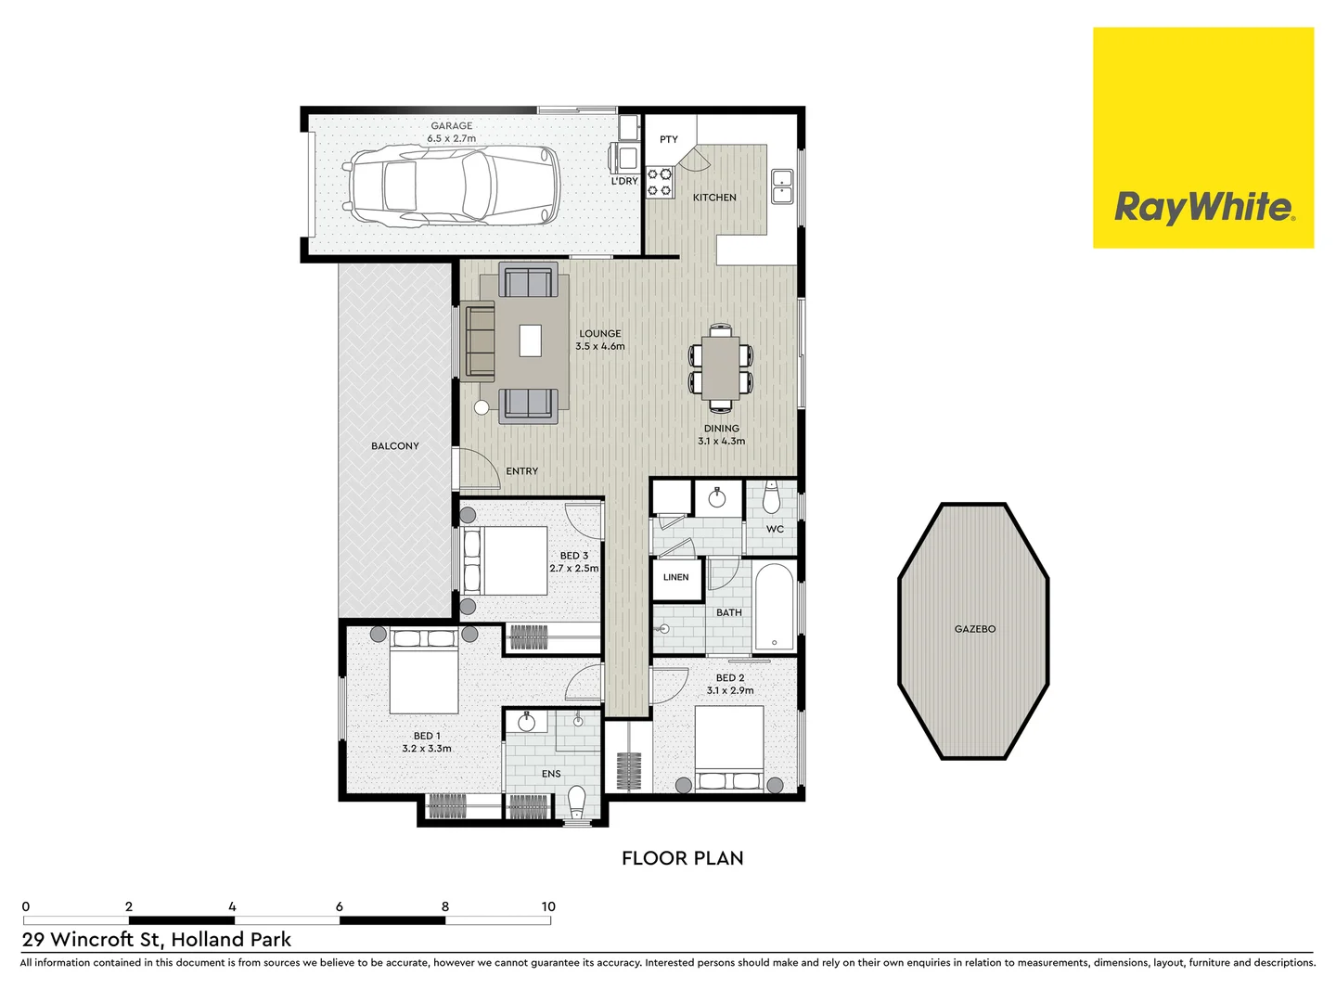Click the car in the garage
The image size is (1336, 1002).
point(452,186)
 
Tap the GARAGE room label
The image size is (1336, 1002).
point(452,126)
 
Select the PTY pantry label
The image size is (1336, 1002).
point(669,140)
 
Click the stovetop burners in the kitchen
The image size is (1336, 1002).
point(660,183)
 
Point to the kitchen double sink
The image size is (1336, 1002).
point(782,186)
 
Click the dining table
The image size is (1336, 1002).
point(721,367)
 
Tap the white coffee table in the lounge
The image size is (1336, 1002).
point(530,340)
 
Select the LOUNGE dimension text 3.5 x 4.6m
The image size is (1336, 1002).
point(600,347)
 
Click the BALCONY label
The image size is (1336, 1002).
point(395,446)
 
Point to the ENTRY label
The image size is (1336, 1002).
point(521,471)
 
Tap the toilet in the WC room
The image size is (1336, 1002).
point(771,500)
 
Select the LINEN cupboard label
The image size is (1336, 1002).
point(675,577)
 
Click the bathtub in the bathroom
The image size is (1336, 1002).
point(774,607)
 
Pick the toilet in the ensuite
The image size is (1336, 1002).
point(576,800)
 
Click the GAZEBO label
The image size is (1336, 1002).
point(975,629)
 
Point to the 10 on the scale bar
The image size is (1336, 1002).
point(548,906)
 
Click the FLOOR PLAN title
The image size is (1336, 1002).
point(682,858)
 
